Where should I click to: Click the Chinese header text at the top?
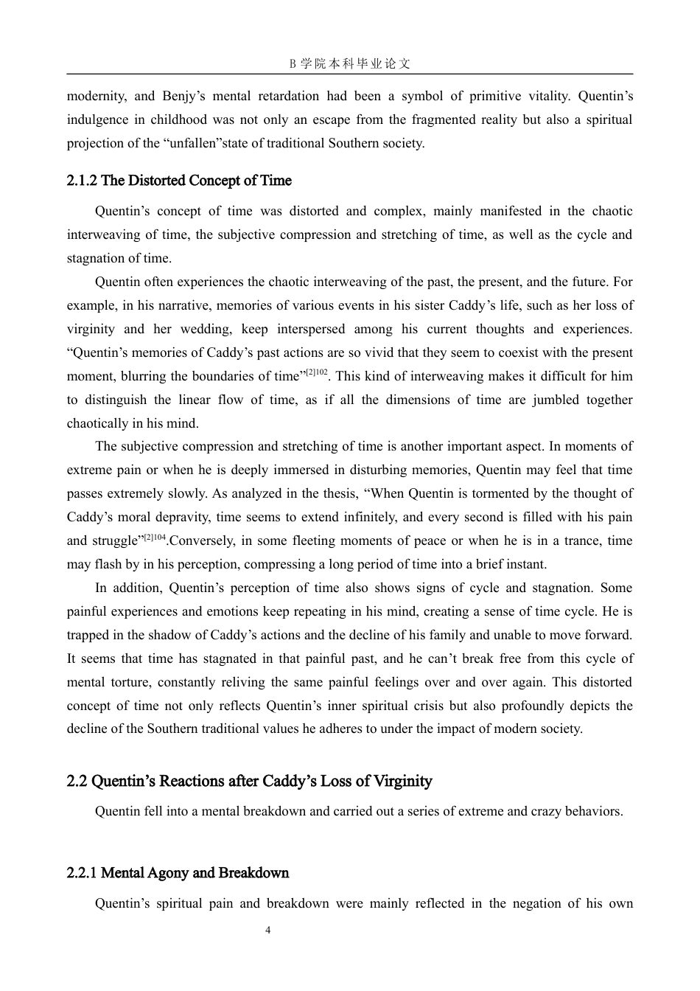[x=349, y=63]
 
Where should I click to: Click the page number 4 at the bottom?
[x=267, y=931]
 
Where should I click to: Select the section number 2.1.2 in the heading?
[x=82, y=181]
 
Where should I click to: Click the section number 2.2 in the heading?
[x=77, y=781]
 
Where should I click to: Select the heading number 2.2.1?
[x=82, y=873]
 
